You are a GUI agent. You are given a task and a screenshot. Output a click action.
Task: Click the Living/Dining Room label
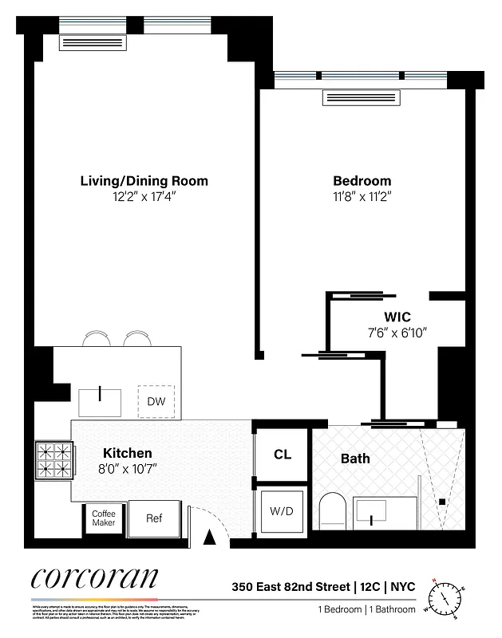coord(144,181)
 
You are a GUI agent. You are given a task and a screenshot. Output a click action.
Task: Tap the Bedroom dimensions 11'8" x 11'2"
coord(362,196)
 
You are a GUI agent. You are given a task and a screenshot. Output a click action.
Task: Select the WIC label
coord(396,317)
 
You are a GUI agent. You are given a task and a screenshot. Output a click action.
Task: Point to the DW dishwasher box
coord(156,401)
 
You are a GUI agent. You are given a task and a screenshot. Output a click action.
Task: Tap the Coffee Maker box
coord(103,518)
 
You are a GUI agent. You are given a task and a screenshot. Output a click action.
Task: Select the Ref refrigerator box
coord(154,518)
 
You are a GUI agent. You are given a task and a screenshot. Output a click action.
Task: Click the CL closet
coord(282,455)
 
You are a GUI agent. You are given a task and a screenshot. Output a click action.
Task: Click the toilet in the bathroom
coord(330,510)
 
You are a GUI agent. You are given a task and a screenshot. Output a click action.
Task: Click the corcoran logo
coord(95,580)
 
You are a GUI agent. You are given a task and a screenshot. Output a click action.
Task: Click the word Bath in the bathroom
coord(355,459)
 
